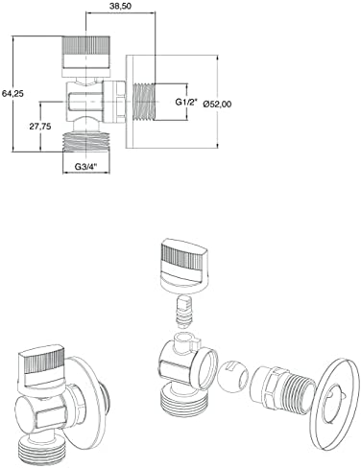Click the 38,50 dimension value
120,7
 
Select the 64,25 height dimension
12,94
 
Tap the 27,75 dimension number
40,127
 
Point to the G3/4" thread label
85,167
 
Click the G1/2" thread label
186,102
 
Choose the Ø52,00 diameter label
217,104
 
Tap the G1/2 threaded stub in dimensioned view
143,102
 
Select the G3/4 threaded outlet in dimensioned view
86,141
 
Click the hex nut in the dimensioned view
114,102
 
